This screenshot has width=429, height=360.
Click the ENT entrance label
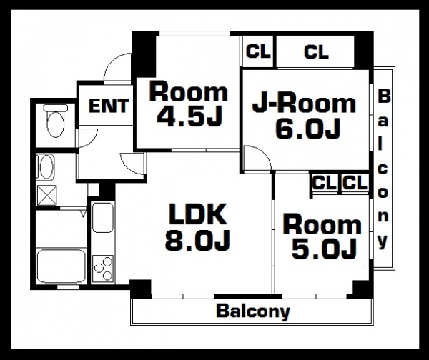(109, 106)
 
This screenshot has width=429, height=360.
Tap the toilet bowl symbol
(56, 121)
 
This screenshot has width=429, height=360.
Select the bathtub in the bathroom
(61, 266)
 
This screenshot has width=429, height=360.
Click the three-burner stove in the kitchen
(103, 269)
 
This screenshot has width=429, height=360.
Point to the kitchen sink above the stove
(102, 217)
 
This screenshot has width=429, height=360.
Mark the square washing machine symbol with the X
(46, 195)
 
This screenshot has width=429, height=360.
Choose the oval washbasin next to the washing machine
(46, 166)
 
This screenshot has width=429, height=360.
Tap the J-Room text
(304, 104)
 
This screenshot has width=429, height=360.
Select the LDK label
(198, 214)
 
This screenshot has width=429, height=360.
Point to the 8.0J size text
(197, 241)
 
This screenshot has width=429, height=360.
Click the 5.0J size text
(324, 249)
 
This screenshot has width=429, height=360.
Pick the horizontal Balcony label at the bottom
(253, 311)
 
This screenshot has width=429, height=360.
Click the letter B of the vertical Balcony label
(384, 96)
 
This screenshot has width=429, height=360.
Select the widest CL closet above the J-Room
(316, 52)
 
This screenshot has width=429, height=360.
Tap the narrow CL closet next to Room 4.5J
(258, 51)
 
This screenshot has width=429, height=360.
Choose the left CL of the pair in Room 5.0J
(325, 183)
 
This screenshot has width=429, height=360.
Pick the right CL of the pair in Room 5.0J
(355, 183)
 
